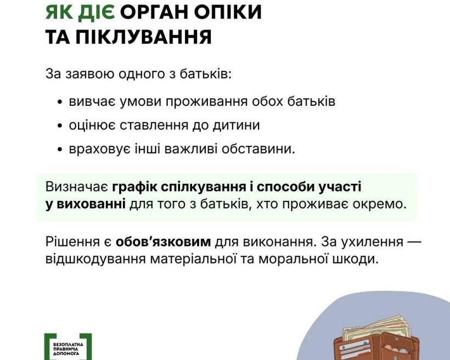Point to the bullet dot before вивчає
tap(60, 103)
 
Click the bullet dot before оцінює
tap(60, 126)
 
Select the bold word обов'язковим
tap(163, 242)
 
